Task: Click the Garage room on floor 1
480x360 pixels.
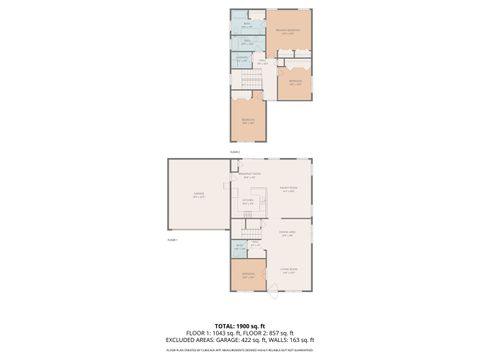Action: [199, 198]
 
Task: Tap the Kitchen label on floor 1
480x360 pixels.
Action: [247, 201]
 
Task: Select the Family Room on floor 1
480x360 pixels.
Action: [288, 189]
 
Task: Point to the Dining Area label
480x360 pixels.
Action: [286, 234]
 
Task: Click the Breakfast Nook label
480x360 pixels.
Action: [249, 175]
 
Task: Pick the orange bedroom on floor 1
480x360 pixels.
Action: [248, 276]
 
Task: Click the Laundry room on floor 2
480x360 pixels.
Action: [241, 60]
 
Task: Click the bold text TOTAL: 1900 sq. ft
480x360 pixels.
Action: [239, 326]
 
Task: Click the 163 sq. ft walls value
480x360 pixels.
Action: [297, 340]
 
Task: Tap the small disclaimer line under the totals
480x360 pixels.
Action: [239, 350]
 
